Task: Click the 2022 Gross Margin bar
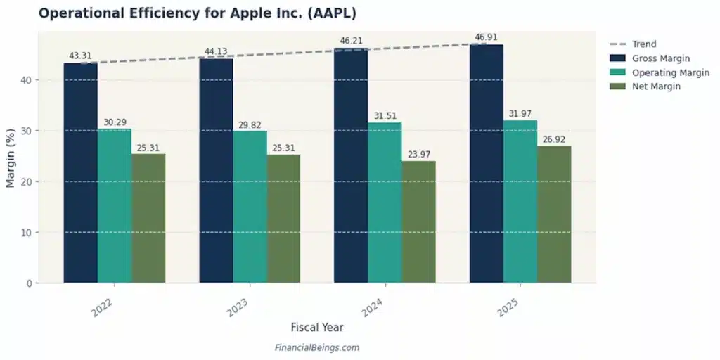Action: tap(80, 173)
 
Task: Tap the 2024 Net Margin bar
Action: tap(419, 221)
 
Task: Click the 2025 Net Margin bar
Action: tap(554, 214)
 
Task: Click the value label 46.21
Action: tap(351, 41)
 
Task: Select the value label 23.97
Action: tap(419, 155)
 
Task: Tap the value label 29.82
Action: tap(250, 125)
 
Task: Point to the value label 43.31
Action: tap(80, 56)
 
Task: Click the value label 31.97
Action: tap(520, 114)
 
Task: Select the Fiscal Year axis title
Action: tap(316, 328)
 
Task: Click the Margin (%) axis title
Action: tap(11, 158)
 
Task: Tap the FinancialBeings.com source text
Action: tap(316, 347)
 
